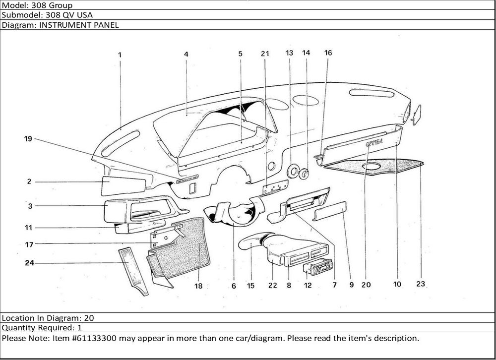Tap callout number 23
pyautogui.click(x=421, y=285)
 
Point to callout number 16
pyautogui.click(x=328, y=53)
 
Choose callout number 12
pyautogui.click(x=308, y=285)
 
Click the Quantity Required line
pyautogui.click(x=42, y=328)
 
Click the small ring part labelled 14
pyautogui.click(x=304, y=174)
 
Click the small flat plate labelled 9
pyautogui.click(x=330, y=211)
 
